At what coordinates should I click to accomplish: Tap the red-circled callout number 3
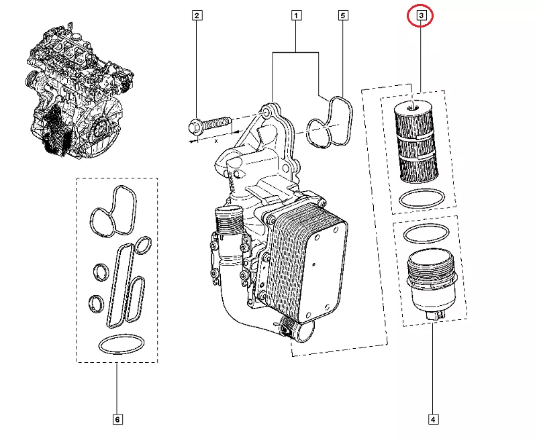(x=421, y=15)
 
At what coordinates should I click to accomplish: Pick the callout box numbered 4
(x=432, y=420)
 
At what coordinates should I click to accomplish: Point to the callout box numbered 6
(x=117, y=420)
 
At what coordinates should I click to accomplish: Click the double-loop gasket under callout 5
(x=330, y=121)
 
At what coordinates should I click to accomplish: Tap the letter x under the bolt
(x=216, y=141)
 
